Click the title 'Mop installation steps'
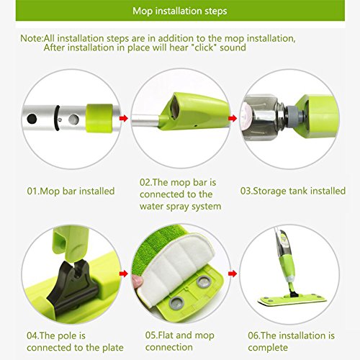point(180,11)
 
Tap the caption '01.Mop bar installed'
point(71,192)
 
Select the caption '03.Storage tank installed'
point(293,191)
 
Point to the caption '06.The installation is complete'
point(291,341)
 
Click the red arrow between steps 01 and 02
point(124,118)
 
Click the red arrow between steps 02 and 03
point(233,118)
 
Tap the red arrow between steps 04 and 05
point(124,274)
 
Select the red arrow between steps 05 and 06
point(233,274)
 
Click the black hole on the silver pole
point(32,119)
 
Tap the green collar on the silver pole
point(99,118)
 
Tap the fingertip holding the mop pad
point(138,281)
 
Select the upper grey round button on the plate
point(204,282)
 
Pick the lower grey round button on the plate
point(177,302)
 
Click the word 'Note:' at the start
point(32,39)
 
